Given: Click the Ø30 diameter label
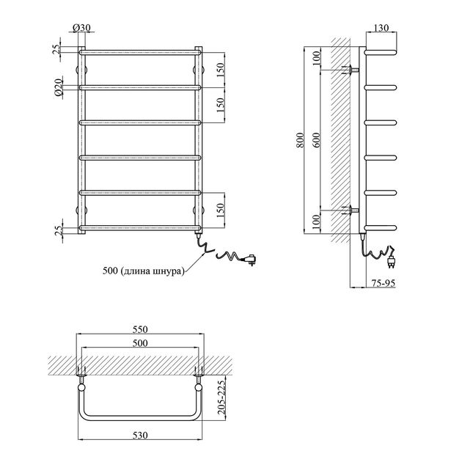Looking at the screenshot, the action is [x=81, y=28].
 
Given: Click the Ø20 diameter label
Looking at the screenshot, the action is [x=59, y=87].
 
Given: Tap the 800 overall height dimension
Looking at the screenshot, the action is [x=300, y=140].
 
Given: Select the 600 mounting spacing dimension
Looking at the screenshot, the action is [x=316, y=140].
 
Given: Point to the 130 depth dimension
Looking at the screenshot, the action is [x=381, y=27].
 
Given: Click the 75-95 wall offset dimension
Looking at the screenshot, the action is [x=383, y=283].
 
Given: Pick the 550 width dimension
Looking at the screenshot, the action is [x=140, y=329].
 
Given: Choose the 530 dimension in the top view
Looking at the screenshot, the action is [x=140, y=435].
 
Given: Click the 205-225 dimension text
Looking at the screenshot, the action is [x=221, y=397].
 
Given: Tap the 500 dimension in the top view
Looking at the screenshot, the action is [x=140, y=343].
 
